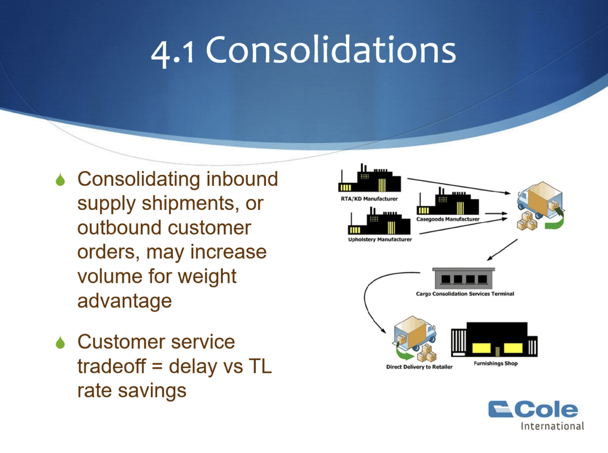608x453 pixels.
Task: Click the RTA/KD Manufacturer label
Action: [x=369, y=199]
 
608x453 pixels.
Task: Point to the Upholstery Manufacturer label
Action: [x=379, y=239]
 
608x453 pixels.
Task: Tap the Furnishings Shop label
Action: [x=496, y=363]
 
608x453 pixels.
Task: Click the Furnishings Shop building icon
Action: [x=494, y=340]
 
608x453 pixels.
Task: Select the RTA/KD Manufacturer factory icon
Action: [x=370, y=179]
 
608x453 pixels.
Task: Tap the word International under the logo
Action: [x=552, y=426]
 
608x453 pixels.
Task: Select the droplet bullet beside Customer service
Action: [x=61, y=343]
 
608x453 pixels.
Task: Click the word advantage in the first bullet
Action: [x=125, y=301]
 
